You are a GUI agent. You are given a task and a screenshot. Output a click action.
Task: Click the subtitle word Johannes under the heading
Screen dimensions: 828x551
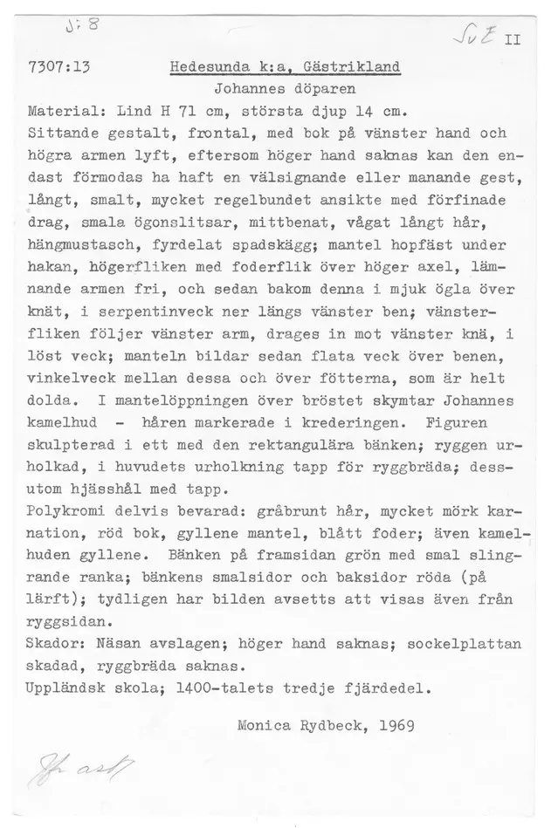[x=244, y=91]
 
